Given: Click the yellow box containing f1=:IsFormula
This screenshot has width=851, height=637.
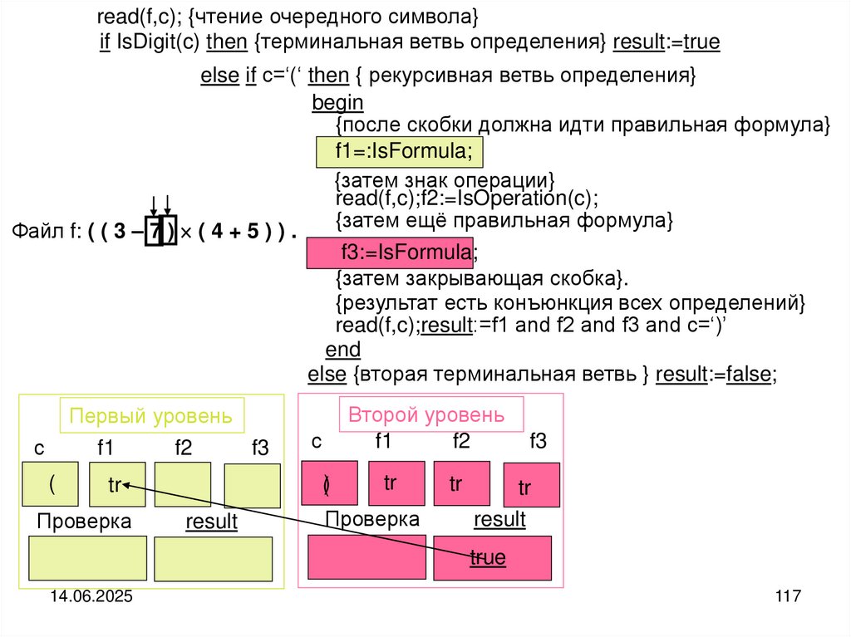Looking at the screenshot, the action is pos(399,152).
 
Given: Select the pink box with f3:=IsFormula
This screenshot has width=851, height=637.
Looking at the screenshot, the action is pos(390,252).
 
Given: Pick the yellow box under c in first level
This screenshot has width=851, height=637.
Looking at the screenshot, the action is pos(51,483).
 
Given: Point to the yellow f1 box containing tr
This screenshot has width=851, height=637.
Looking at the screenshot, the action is pos(116,484).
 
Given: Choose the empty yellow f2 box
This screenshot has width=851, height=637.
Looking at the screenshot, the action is pos(183,484).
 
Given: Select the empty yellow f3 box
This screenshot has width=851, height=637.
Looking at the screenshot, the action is pos(252,486).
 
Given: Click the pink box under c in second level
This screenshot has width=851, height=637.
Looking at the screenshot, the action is pos(329,483).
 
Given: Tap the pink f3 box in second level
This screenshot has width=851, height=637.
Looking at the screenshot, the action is pos(531,485).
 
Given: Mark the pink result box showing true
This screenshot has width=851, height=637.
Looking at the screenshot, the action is pos(492,557).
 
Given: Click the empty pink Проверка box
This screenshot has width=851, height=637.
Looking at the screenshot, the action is pos(366,557).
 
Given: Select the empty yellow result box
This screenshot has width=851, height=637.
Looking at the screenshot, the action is pos(213,559).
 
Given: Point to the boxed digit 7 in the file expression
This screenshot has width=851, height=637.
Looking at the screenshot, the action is pos(155,233).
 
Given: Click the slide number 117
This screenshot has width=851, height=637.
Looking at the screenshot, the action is pos(786,596).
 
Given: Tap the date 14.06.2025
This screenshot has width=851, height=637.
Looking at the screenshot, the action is pos(91,597).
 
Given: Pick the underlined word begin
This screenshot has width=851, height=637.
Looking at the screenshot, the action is pos(337,103).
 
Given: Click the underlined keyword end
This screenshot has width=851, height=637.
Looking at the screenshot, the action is pos(342,349).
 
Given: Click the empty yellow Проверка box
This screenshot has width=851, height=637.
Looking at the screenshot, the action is pos(87,558).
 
